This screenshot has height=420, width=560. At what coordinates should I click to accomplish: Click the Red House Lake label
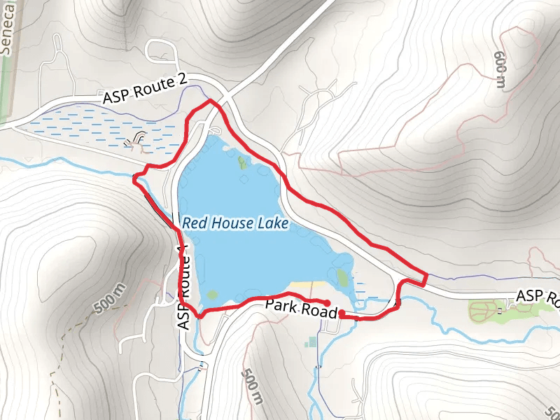[x=235, y=224]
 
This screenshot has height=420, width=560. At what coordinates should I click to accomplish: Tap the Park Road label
[x=301, y=309]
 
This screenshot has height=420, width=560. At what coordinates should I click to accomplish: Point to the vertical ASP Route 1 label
[x=184, y=287]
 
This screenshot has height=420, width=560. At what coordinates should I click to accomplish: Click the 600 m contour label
[x=500, y=70]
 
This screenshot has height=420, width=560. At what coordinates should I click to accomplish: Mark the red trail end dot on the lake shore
[x=328, y=302]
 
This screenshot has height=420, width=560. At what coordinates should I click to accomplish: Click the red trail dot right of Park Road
[x=342, y=315]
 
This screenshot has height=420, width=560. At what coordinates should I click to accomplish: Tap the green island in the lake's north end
[x=243, y=162]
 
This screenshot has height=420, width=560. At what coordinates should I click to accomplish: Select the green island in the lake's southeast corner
[x=342, y=277]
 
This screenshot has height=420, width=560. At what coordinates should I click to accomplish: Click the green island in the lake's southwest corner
[x=213, y=294]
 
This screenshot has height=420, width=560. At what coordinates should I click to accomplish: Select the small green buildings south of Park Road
[x=311, y=342]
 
